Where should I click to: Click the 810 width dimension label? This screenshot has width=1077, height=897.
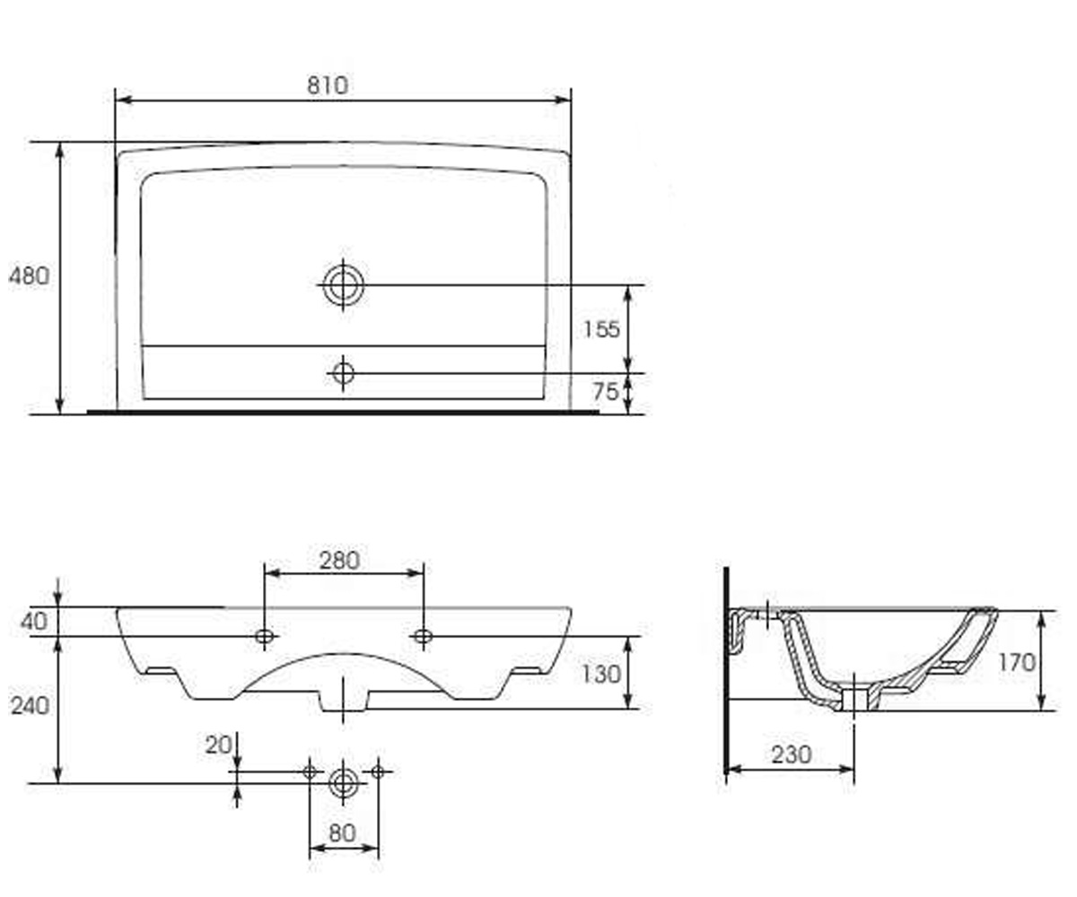(328, 85)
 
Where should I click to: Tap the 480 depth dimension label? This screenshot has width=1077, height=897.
(30, 275)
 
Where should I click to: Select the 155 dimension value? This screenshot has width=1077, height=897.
(601, 329)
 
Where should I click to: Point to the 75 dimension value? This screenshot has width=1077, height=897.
(606, 392)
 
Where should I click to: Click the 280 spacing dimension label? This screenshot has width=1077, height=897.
(339, 561)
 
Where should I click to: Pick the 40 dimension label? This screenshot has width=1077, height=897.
(34, 622)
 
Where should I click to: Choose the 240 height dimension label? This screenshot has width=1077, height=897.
(30, 706)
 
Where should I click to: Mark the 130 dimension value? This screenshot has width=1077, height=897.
(601, 675)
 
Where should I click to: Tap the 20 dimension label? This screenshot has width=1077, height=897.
(219, 745)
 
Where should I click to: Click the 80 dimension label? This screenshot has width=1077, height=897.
(342, 833)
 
